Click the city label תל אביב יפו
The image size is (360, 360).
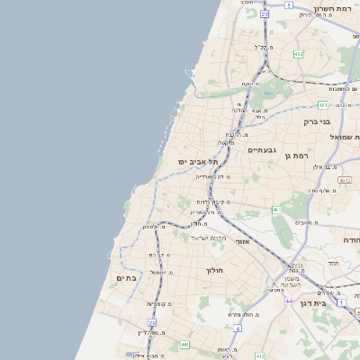point(193,161)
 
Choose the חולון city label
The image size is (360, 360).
point(214,270)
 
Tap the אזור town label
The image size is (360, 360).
point(242,242)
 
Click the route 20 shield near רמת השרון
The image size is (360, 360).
point(265,13)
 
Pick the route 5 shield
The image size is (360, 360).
point(289,5)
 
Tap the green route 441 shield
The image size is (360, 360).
point(184,344)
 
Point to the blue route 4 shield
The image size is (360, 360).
point(236,328)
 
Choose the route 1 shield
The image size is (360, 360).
point(342,302)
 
